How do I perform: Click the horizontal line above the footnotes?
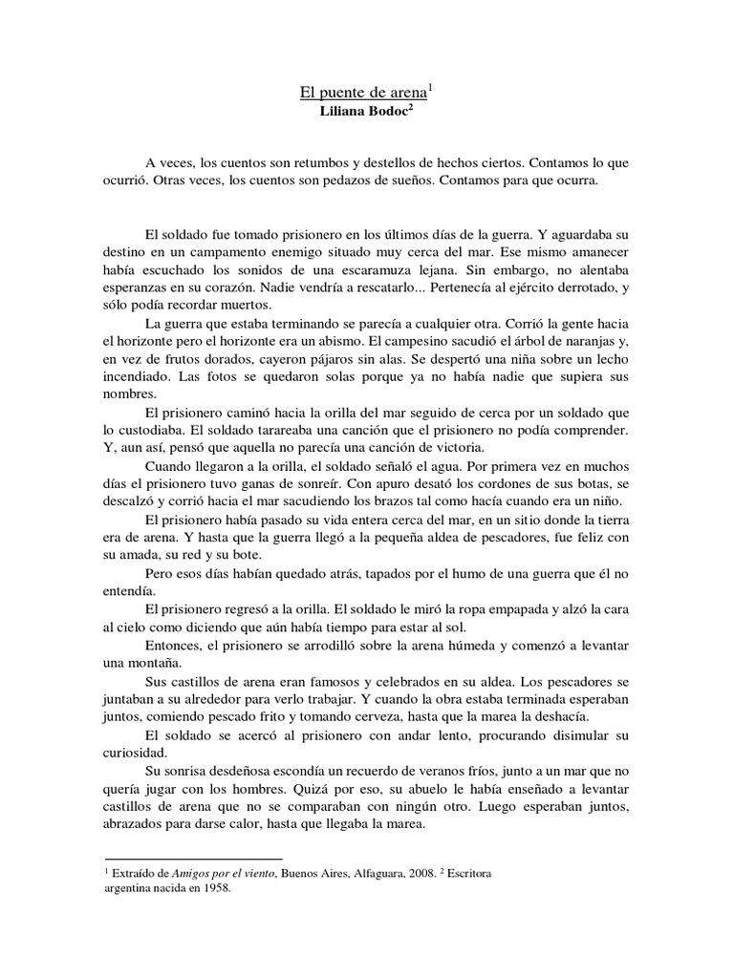coord(192,859)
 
